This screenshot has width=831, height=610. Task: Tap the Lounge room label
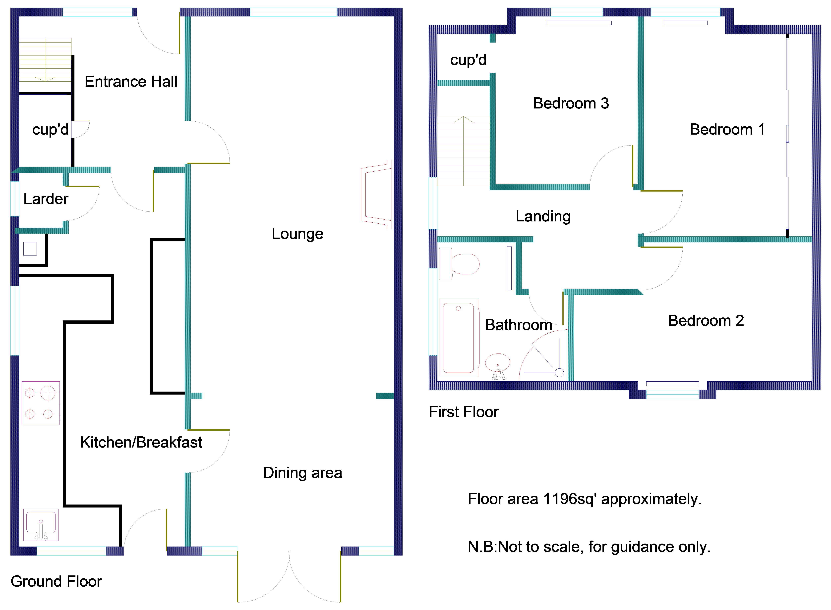(297, 234)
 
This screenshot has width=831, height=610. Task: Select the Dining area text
(302, 473)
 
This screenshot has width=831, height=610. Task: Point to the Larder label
(46, 199)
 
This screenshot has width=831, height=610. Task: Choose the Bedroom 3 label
(571, 103)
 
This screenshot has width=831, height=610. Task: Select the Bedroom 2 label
(705, 320)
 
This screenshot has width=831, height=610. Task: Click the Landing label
(543, 216)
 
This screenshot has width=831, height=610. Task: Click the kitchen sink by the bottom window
(41, 524)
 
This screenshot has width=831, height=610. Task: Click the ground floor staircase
(45, 60)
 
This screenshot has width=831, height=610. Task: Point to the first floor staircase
(463, 151)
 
